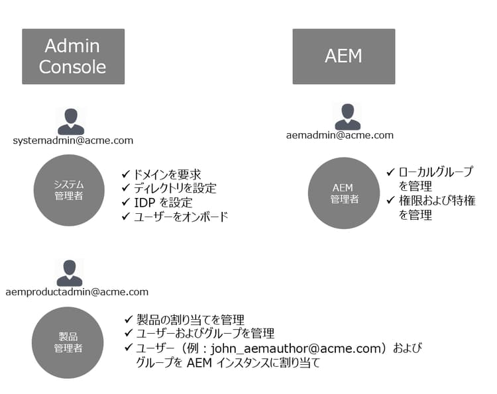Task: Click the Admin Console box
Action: click(73, 56)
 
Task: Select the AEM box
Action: click(344, 56)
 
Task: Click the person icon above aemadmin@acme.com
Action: click(347, 117)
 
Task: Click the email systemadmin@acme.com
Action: click(73, 140)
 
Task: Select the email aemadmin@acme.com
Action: click(340, 135)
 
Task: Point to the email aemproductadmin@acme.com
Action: click(76, 291)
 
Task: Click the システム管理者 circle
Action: click(68, 190)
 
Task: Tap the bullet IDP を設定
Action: click(163, 203)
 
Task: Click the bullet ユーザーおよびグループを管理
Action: click(205, 334)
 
